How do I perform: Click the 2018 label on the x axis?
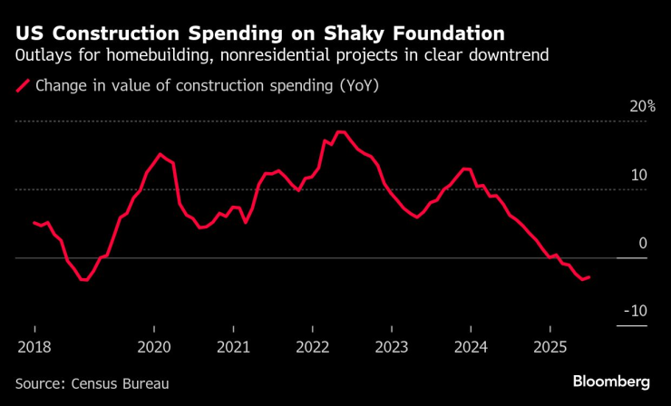pyautogui.click(x=34, y=346)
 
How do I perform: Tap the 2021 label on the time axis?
pyautogui.click(x=233, y=346)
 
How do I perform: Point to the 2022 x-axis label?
pyautogui.click(x=313, y=346)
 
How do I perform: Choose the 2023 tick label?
pyautogui.click(x=392, y=346)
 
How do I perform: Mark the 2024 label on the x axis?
pyautogui.click(x=472, y=346)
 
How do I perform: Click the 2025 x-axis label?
pyautogui.click(x=550, y=346)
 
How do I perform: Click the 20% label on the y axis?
pyautogui.click(x=643, y=106)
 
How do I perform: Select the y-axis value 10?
pyautogui.click(x=639, y=174)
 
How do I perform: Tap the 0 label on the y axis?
pyautogui.click(x=643, y=243)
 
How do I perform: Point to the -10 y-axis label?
pyautogui.click(x=637, y=311)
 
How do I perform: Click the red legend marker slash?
pyautogui.click(x=22, y=87)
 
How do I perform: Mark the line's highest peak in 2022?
pyautogui.click(x=341, y=132)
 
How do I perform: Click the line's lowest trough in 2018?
pyautogui.click(x=84, y=280)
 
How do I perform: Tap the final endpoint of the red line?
pyautogui.click(x=590, y=277)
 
